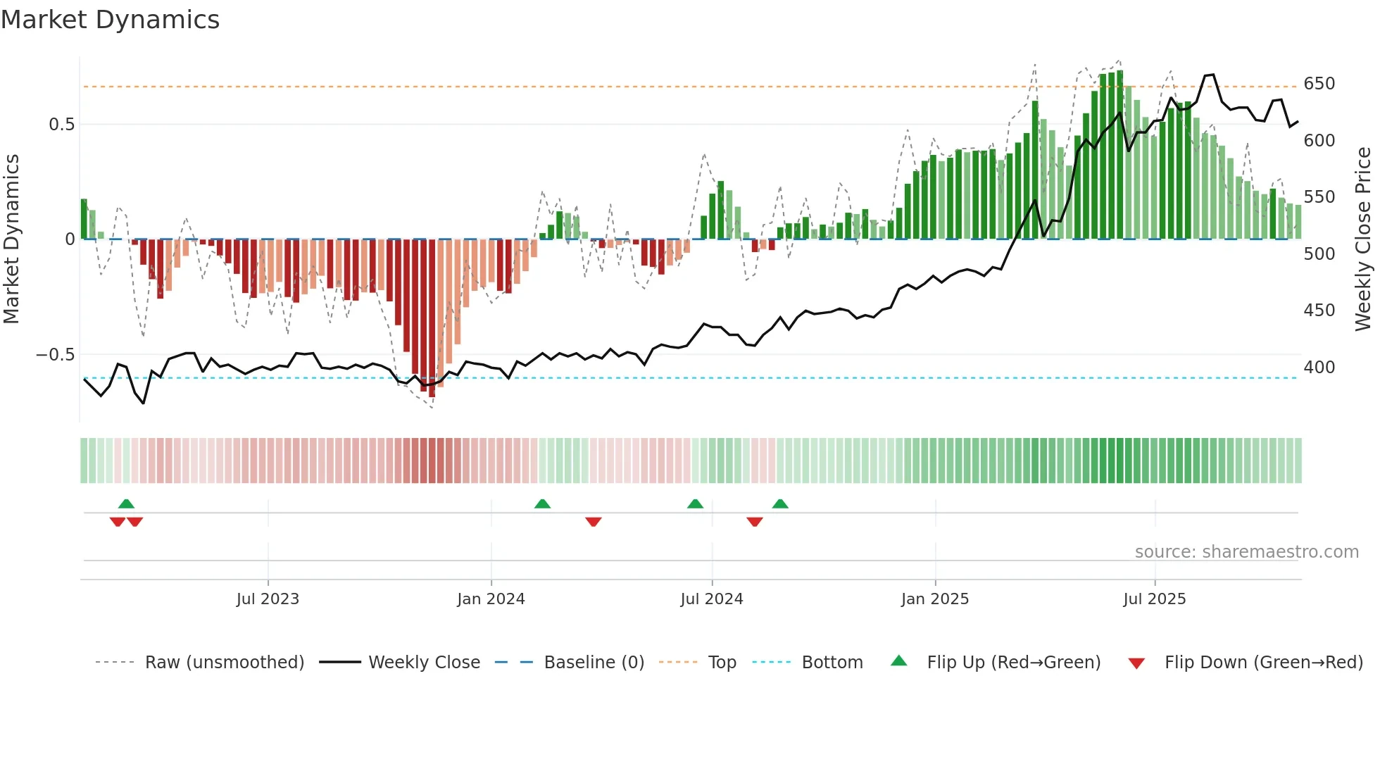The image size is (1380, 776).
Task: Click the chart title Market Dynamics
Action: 110,20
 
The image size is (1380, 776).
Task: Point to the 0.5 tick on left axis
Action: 61,125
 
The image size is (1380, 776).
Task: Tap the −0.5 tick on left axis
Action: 55,355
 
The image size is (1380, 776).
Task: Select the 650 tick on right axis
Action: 1319,84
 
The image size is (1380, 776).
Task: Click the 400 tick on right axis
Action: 1319,368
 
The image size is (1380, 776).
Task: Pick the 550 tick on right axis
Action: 1319,197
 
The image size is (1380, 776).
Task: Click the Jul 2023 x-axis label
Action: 268,599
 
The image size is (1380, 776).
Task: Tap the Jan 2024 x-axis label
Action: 491,599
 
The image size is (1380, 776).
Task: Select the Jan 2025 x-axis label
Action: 935,599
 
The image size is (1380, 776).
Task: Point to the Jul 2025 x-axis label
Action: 1155,599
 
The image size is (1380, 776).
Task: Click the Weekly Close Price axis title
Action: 1363,239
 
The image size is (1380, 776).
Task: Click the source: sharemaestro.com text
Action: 1246,552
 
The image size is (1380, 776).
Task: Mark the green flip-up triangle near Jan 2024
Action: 542,504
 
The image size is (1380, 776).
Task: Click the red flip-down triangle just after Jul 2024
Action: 755,522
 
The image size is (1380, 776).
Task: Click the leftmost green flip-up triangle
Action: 126,504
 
